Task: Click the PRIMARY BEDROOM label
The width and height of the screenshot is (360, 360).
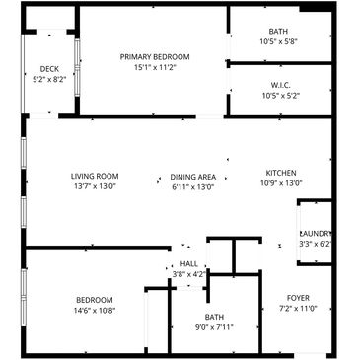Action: [x=155, y=57]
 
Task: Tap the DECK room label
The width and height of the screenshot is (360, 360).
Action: [x=49, y=69]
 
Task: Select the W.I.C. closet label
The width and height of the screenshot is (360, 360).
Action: [x=281, y=85]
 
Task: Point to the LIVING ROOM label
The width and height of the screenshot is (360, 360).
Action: [x=95, y=176]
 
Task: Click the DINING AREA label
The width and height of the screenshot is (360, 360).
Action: [x=193, y=177]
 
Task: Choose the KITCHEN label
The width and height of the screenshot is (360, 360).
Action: [x=281, y=173]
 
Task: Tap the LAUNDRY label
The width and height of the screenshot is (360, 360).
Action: [x=316, y=234]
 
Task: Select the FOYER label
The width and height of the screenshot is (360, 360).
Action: [x=298, y=298]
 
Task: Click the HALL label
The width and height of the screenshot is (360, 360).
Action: [x=189, y=263]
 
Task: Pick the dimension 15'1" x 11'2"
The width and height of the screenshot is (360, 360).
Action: [x=155, y=68]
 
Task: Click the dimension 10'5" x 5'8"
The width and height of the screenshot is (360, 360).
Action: [x=279, y=41]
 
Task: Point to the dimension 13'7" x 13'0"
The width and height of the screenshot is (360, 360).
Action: [x=95, y=186]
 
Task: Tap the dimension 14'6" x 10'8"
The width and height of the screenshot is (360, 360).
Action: [x=95, y=311]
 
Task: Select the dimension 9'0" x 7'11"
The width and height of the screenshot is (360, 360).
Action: [x=214, y=327]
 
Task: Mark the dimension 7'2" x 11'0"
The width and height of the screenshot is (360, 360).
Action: [x=299, y=309]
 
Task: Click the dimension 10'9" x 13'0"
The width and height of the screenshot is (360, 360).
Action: [x=281, y=183]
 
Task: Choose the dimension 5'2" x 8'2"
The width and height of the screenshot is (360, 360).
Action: [x=49, y=79]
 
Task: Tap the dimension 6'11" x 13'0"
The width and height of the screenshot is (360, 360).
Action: [x=193, y=187]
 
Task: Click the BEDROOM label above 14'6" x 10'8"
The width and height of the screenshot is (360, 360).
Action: [x=95, y=300]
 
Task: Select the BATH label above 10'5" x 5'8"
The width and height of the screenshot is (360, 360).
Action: [x=278, y=32]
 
